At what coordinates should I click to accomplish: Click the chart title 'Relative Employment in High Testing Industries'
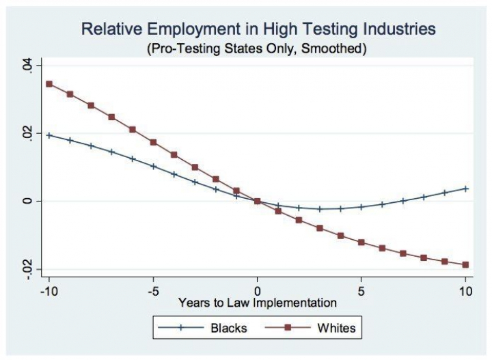[x=258, y=29]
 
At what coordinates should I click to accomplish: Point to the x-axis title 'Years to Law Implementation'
[x=258, y=301]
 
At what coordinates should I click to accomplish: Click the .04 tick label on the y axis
[x=25, y=66]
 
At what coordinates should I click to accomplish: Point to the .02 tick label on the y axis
[x=25, y=133]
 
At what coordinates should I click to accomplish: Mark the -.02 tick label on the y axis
[x=25, y=268]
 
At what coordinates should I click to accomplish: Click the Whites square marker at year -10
[x=49, y=84]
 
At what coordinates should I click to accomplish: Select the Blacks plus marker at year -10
[x=49, y=135]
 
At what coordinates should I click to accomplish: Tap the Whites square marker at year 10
[x=465, y=264]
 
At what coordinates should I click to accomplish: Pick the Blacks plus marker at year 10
[x=465, y=189]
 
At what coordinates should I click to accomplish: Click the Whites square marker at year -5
[x=153, y=142]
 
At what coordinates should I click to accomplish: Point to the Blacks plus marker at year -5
[x=153, y=166]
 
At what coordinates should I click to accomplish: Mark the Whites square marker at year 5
[x=361, y=243]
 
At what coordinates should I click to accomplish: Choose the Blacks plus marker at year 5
[x=361, y=206]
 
